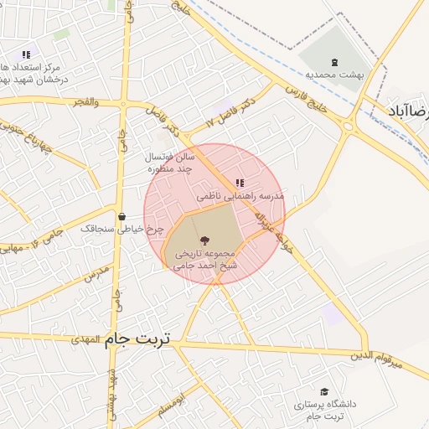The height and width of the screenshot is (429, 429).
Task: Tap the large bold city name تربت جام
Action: pyautogui.click(x=137, y=339)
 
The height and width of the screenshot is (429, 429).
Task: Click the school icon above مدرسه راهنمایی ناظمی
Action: pyautogui.click(x=240, y=183)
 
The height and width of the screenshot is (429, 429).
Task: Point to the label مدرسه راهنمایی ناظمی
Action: pyautogui.click(x=240, y=196)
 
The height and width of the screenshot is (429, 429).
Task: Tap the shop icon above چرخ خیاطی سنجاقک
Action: pyautogui.click(x=121, y=216)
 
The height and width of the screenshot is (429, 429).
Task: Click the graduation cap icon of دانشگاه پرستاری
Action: pyautogui.click(x=324, y=391)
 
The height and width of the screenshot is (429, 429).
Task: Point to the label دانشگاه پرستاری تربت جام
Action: pyautogui.click(x=324, y=410)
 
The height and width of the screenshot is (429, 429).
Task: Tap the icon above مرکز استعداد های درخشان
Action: pyautogui.click(x=26, y=54)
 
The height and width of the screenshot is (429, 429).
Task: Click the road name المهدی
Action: pyautogui.click(x=85, y=339)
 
